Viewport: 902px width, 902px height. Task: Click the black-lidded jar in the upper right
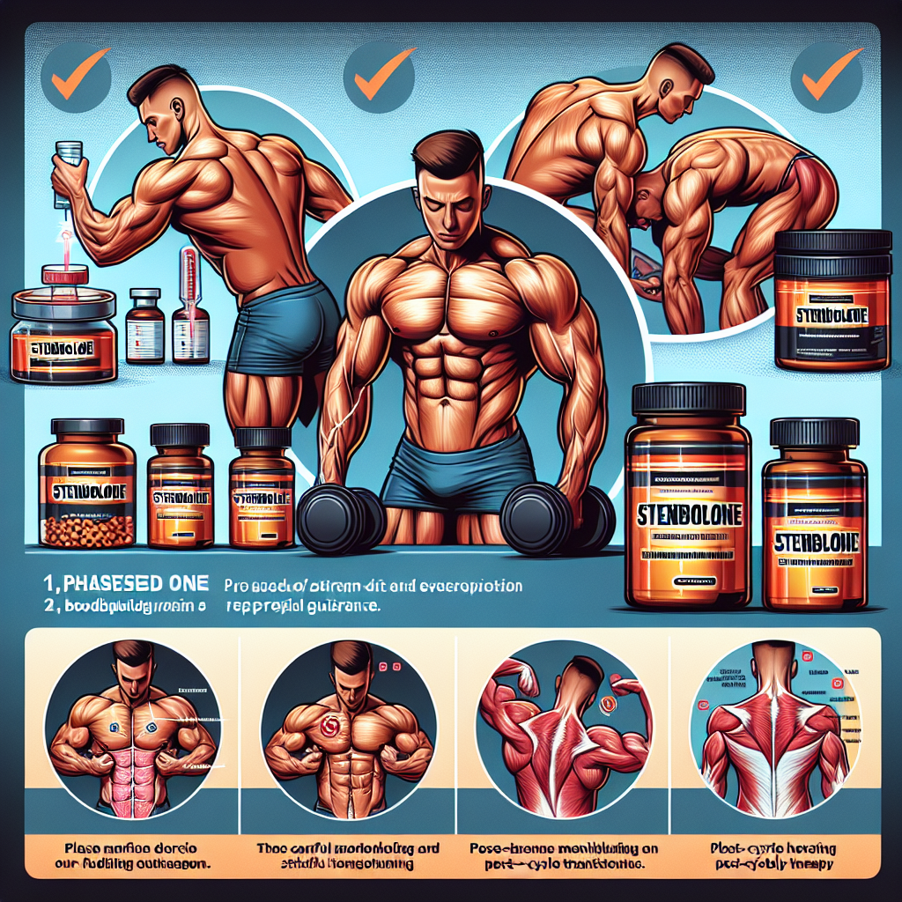[x=832, y=299]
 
